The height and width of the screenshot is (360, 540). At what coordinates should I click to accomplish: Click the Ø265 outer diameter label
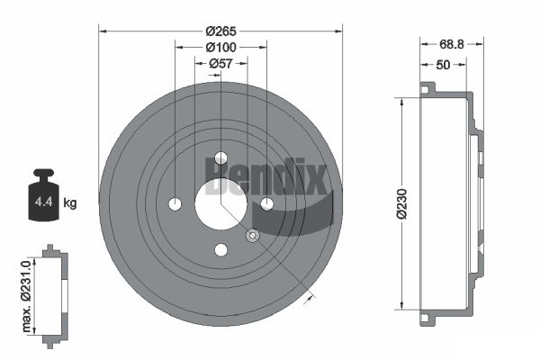[220, 31]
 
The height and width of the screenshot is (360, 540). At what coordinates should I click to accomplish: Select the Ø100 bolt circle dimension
[220, 47]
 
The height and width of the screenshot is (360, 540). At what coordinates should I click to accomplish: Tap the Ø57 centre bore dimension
[220, 64]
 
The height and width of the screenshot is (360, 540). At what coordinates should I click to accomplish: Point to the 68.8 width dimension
[452, 44]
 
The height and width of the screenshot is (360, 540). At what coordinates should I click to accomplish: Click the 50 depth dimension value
[443, 65]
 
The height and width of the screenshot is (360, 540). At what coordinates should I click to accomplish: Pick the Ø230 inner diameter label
[401, 203]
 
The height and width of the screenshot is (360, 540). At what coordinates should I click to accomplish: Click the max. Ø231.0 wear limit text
[26, 296]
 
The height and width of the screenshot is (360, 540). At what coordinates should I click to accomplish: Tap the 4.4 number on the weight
[43, 202]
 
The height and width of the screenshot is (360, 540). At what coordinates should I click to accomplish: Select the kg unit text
[70, 202]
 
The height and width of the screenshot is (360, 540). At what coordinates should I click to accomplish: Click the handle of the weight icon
[44, 175]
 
